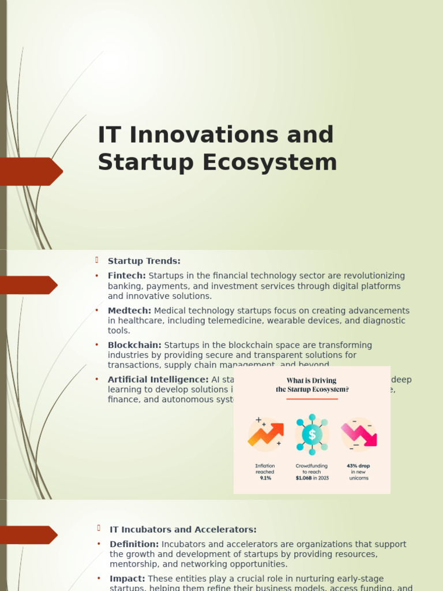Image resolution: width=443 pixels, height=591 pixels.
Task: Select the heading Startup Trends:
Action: (x=144, y=261)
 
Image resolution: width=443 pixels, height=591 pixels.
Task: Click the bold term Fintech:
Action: (x=127, y=276)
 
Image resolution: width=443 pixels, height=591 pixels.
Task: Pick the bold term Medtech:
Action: (x=130, y=311)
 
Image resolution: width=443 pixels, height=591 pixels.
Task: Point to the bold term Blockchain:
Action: (x=134, y=345)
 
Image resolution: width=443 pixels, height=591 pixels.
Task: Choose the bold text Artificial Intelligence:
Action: (x=158, y=380)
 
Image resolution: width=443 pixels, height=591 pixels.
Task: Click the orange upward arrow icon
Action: (x=265, y=434)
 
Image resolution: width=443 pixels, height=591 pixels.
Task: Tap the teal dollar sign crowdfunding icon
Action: (x=312, y=434)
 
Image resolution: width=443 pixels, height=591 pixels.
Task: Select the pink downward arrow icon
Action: (x=359, y=434)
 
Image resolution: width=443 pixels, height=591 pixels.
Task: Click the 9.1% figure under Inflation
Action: (x=265, y=478)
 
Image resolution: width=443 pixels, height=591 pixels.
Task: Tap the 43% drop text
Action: (x=358, y=466)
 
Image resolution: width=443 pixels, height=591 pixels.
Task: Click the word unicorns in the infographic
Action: (x=358, y=478)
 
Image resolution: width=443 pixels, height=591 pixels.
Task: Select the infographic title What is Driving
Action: (x=311, y=381)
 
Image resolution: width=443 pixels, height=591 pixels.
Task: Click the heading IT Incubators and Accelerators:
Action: (x=183, y=529)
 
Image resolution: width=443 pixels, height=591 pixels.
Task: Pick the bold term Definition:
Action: (x=134, y=544)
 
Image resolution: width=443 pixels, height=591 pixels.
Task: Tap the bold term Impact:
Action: (x=127, y=578)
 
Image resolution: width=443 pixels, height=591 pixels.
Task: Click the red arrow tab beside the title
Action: (x=31, y=171)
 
